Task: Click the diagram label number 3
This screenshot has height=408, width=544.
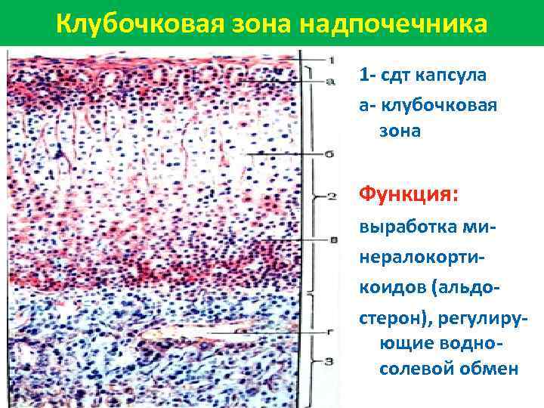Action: pyautogui.click(x=330, y=361)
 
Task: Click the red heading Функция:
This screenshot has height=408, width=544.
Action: pyautogui.click(x=408, y=196)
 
